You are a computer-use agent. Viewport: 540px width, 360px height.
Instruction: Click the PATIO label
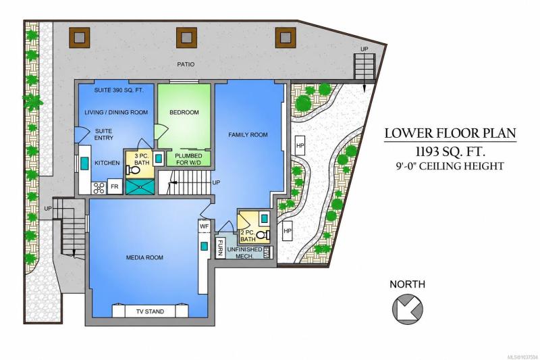pyautogui.click(x=186, y=64)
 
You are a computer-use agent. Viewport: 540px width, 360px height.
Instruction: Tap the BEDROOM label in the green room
pyautogui.click(x=184, y=112)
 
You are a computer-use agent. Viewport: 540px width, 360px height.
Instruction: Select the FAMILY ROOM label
pyautogui.click(x=248, y=134)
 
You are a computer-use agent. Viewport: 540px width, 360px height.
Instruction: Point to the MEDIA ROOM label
pyautogui.click(x=144, y=257)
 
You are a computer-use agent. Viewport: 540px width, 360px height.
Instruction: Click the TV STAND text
pyautogui.click(x=150, y=311)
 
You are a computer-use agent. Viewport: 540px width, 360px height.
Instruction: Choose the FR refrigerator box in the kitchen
pyautogui.click(x=114, y=186)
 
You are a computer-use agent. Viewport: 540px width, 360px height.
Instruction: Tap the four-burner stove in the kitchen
pyautogui.click(x=99, y=188)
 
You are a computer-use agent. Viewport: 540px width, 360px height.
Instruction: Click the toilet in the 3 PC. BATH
pyautogui.click(x=132, y=170)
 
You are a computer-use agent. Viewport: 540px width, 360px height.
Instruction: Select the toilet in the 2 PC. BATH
pyautogui.click(x=263, y=234)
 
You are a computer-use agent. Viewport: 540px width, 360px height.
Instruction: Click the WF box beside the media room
pyautogui.click(x=205, y=226)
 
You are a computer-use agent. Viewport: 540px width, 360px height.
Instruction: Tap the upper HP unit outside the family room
pyautogui.click(x=300, y=145)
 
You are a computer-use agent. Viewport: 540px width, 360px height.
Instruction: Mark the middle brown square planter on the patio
pyautogui.click(x=187, y=38)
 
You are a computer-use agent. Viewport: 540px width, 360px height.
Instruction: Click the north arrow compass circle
pyautogui.click(x=408, y=309)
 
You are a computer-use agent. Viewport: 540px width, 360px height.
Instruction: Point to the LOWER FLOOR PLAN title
pyautogui.click(x=450, y=133)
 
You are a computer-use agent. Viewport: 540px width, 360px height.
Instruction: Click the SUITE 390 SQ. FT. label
pyautogui.click(x=119, y=91)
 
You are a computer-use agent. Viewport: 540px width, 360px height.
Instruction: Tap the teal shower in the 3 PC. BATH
pyautogui.click(x=140, y=186)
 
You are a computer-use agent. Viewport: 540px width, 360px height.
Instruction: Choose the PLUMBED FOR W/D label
pyautogui.click(x=188, y=159)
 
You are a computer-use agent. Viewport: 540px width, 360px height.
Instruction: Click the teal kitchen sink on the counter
pyautogui.click(x=84, y=163)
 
